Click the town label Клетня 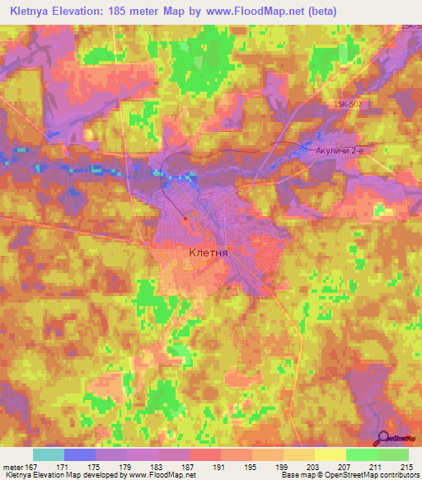point(208,253)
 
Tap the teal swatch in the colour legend point(49,454)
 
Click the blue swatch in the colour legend point(80,454)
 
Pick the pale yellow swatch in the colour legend point(330,454)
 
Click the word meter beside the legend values point(13,467)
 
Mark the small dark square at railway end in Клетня point(186,219)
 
